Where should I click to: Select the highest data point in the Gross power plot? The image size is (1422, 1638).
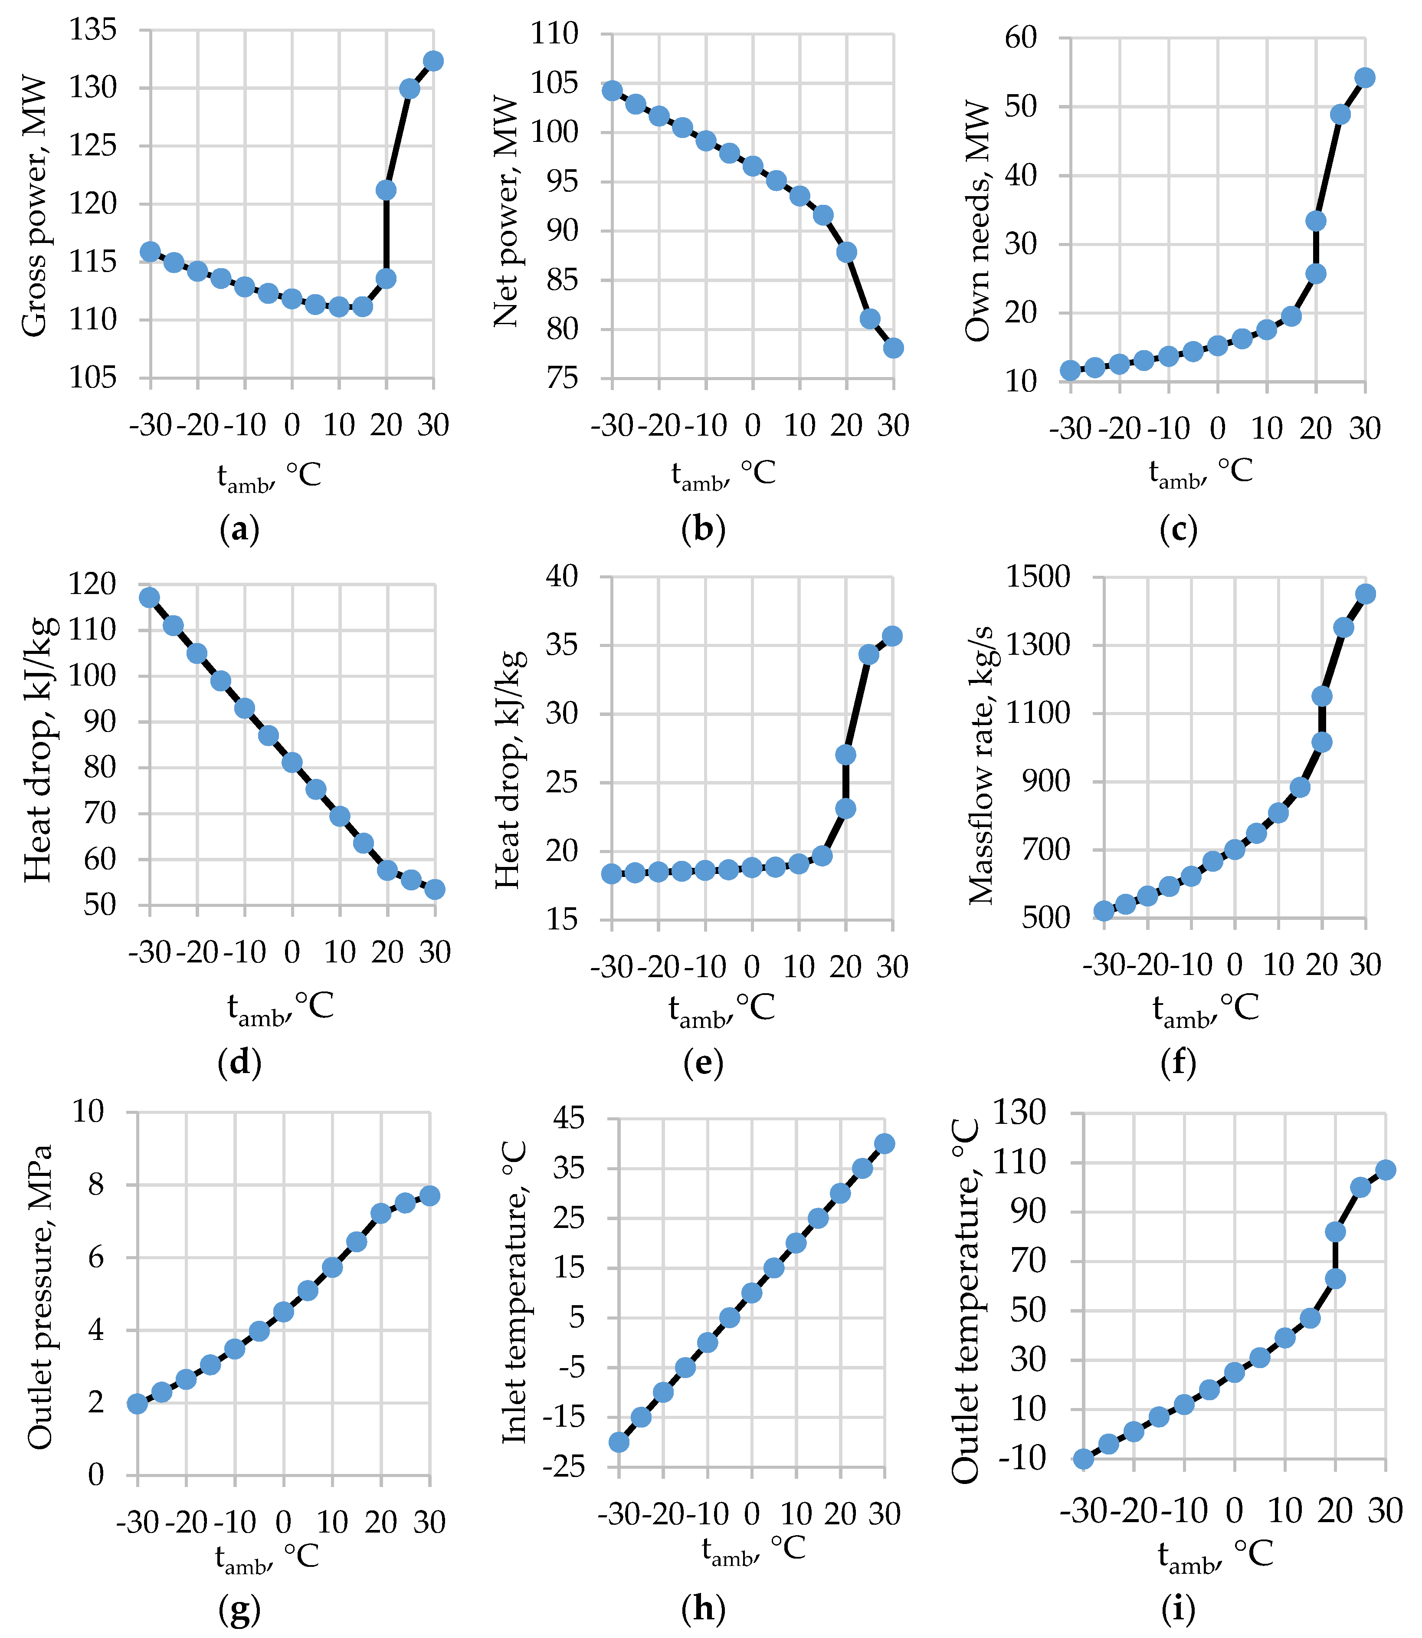pyautogui.click(x=433, y=61)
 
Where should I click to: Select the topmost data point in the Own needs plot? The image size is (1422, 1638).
pyautogui.click(x=1365, y=78)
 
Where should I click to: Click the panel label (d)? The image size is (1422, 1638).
pyautogui.click(x=239, y=1062)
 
